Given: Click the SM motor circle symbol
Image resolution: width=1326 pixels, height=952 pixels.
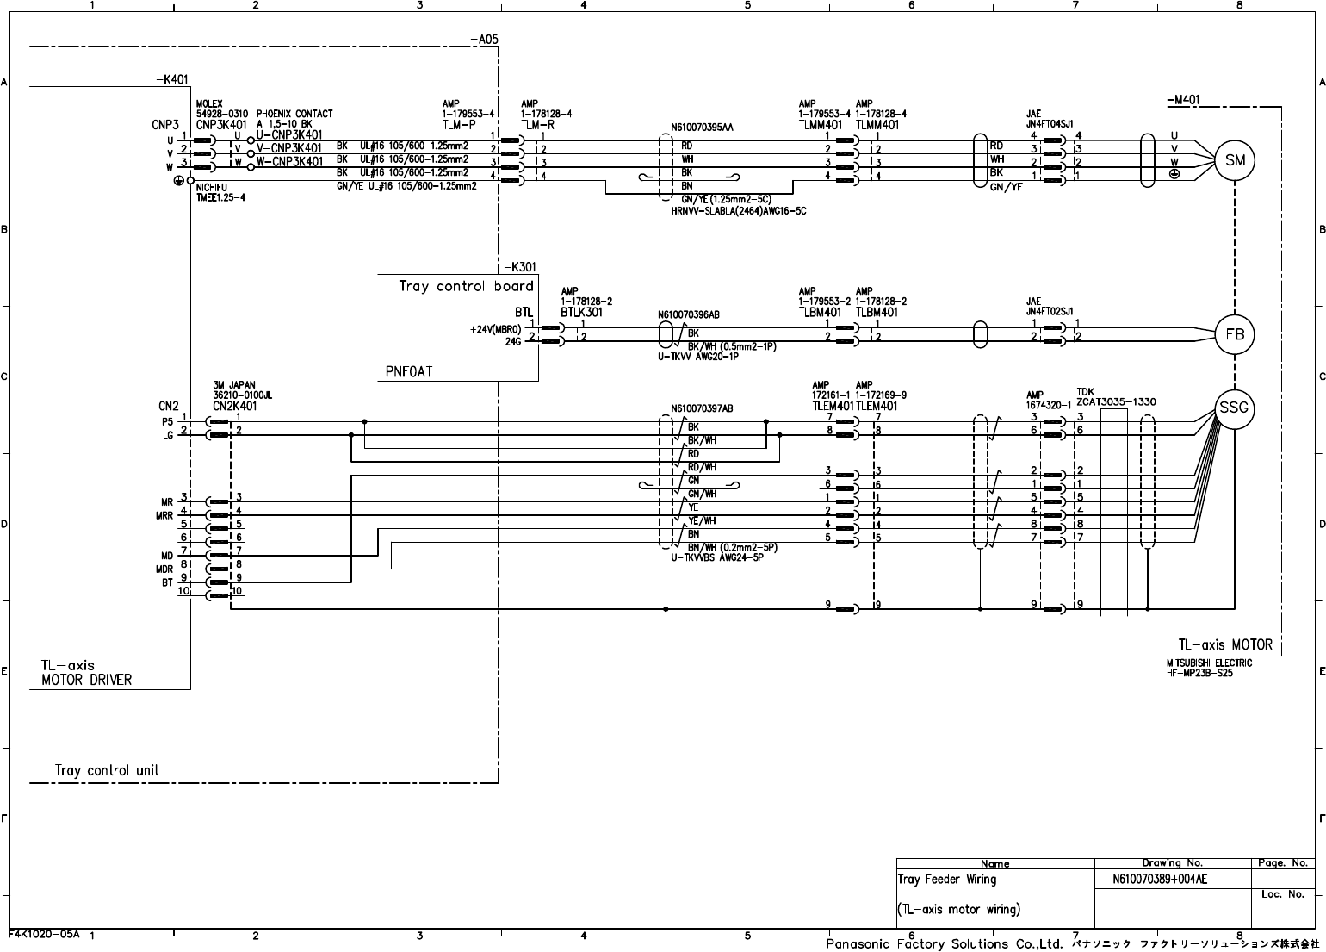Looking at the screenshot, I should tap(1235, 160).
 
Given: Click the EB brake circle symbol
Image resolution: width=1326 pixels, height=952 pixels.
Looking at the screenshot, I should tap(1235, 334).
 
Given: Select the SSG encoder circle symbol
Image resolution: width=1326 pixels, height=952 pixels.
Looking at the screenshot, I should tap(1234, 408).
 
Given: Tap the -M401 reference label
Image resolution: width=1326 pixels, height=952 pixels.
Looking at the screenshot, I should tap(1183, 100).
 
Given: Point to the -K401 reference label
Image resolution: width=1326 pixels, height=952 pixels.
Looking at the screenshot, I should tap(171, 80).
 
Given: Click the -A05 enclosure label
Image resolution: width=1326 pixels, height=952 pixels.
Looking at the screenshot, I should tap(484, 40).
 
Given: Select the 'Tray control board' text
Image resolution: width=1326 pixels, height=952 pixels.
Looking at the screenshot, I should tap(466, 286).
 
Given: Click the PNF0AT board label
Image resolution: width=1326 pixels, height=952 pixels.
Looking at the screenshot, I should tap(409, 372).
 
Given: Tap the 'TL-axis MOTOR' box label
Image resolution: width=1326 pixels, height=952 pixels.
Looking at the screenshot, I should tap(1224, 644).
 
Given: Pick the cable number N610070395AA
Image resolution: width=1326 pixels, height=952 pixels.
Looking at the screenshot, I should tap(702, 128).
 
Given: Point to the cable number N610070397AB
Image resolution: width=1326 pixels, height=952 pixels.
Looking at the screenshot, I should tap(702, 408).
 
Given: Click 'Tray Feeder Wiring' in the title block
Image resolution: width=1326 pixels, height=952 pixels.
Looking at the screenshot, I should tap(947, 880).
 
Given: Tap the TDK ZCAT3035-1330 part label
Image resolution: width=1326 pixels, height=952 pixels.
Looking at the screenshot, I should tap(1116, 401).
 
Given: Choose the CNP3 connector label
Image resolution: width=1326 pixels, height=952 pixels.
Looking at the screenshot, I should tap(165, 124).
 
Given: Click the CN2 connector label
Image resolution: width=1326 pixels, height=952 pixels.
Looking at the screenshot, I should tap(168, 406).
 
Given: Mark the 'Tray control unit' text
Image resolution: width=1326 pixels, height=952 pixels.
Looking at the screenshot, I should tap(107, 770).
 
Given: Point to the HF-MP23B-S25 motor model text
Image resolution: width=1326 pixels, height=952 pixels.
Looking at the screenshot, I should tap(1199, 673).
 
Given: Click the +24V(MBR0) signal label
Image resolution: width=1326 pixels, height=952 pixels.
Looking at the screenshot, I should tap(496, 329).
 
